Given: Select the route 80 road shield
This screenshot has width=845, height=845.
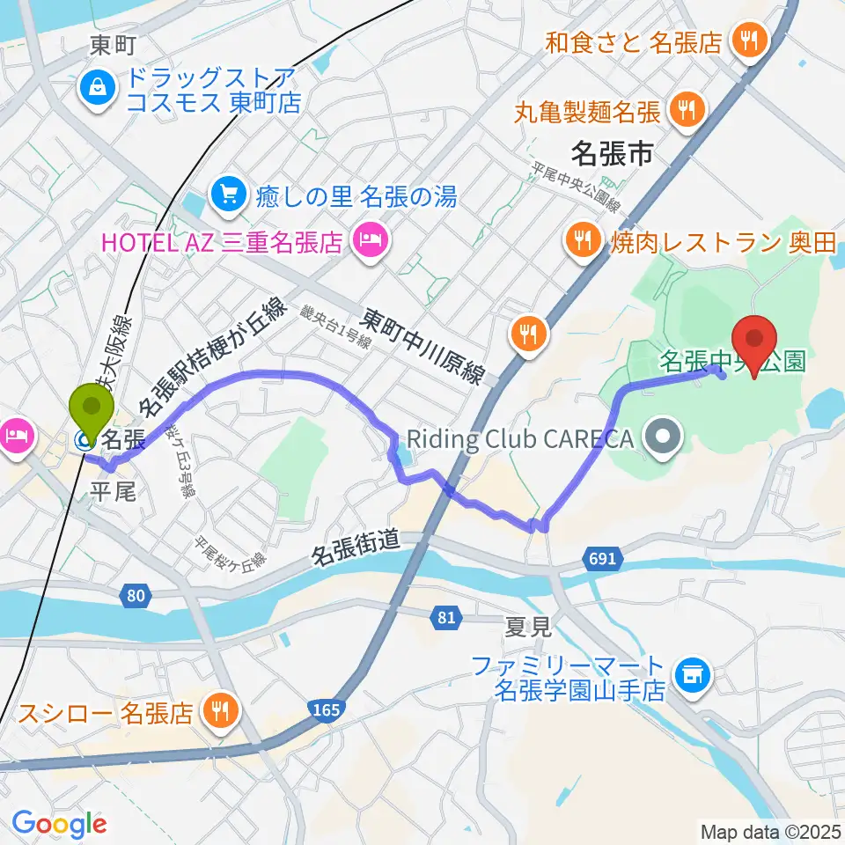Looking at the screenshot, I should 134,597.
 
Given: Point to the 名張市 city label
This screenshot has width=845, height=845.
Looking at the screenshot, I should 612,155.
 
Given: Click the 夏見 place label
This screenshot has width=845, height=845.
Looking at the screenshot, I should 528,627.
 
